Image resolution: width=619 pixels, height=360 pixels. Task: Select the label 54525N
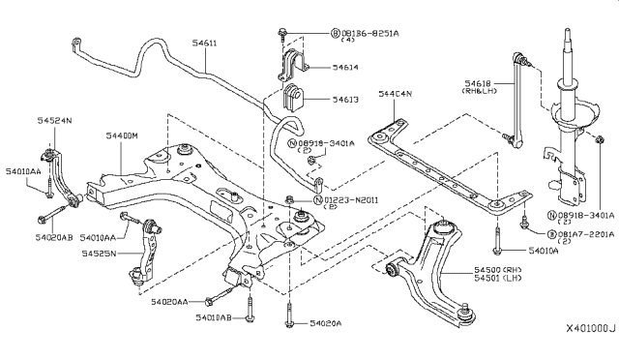[x=97, y=255]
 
